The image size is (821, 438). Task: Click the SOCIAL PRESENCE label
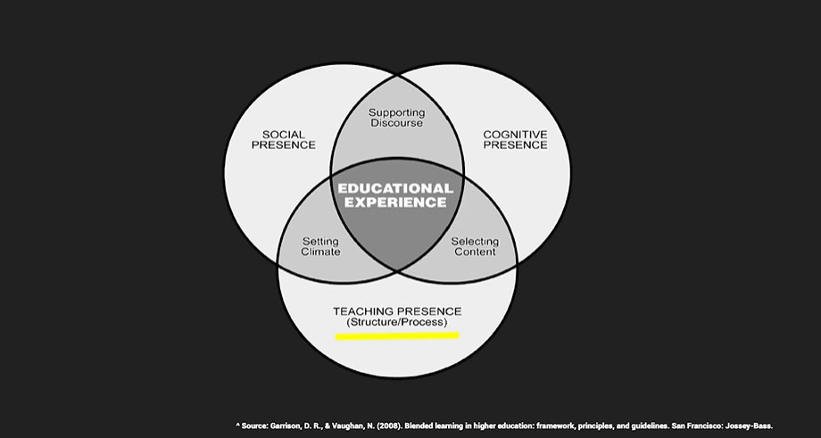pyautogui.click(x=283, y=140)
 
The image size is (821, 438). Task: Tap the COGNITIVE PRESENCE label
pyautogui.click(x=515, y=140)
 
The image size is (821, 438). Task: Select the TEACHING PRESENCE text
pyautogui.click(x=397, y=311)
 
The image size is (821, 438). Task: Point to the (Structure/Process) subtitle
pyautogui.click(x=397, y=322)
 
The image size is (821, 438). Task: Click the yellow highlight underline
pyautogui.click(x=397, y=336)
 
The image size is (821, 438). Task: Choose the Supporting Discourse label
pyautogui.click(x=397, y=118)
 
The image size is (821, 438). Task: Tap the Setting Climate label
pyautogui.click(x=320, y=246)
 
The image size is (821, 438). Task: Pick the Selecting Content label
pyautogui.click(x=475, y=246)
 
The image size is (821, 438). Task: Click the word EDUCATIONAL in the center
pyautogui.click(x=395, y=188)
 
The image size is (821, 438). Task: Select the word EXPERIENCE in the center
pyautogui.click(x=395, y=202)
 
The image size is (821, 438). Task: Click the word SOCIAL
pyautogui.click(x=283, y=135)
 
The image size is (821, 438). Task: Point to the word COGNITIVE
pyautogui.click(x=515, y=135)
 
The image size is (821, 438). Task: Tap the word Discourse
pyautogui.click(x=397, y=123)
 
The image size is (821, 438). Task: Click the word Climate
pyautogui.click(x=320, y=252)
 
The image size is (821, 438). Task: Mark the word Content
pyautogui.click(x=475, y=252)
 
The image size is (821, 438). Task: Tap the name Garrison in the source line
pyautogui.click(x=286, y=426)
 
